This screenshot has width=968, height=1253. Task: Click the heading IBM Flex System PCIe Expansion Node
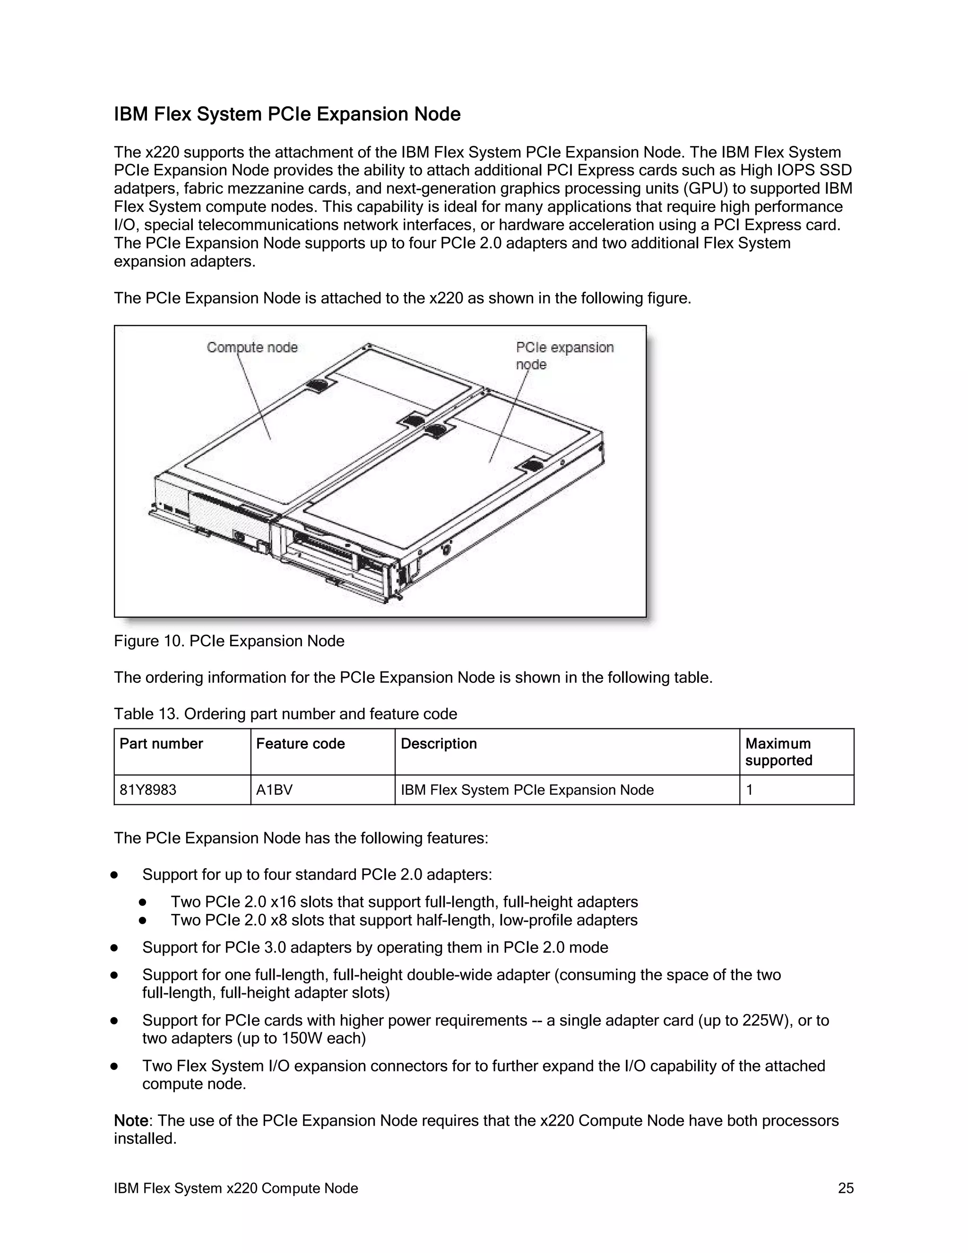(x=287, y=114)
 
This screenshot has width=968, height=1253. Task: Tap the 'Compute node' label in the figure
(x=252, y=347)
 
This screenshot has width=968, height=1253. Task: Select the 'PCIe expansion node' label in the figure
(x=564, y=355)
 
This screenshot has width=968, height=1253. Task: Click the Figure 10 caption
(x=229, y=641)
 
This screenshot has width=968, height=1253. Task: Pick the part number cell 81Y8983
(x=148, y=790)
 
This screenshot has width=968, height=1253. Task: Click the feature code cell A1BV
(x=274, y=790)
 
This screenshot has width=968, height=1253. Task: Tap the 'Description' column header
(x=439, y=744)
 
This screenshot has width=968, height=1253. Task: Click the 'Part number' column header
(x=161, y=744)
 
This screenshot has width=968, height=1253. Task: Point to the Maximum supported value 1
(x=750, y=790)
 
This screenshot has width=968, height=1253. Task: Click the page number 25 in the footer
(x=845, y=1188)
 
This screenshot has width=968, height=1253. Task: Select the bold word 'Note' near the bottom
(x=131, y=1121)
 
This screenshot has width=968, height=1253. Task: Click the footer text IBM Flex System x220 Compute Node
(x=236, y=1188)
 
